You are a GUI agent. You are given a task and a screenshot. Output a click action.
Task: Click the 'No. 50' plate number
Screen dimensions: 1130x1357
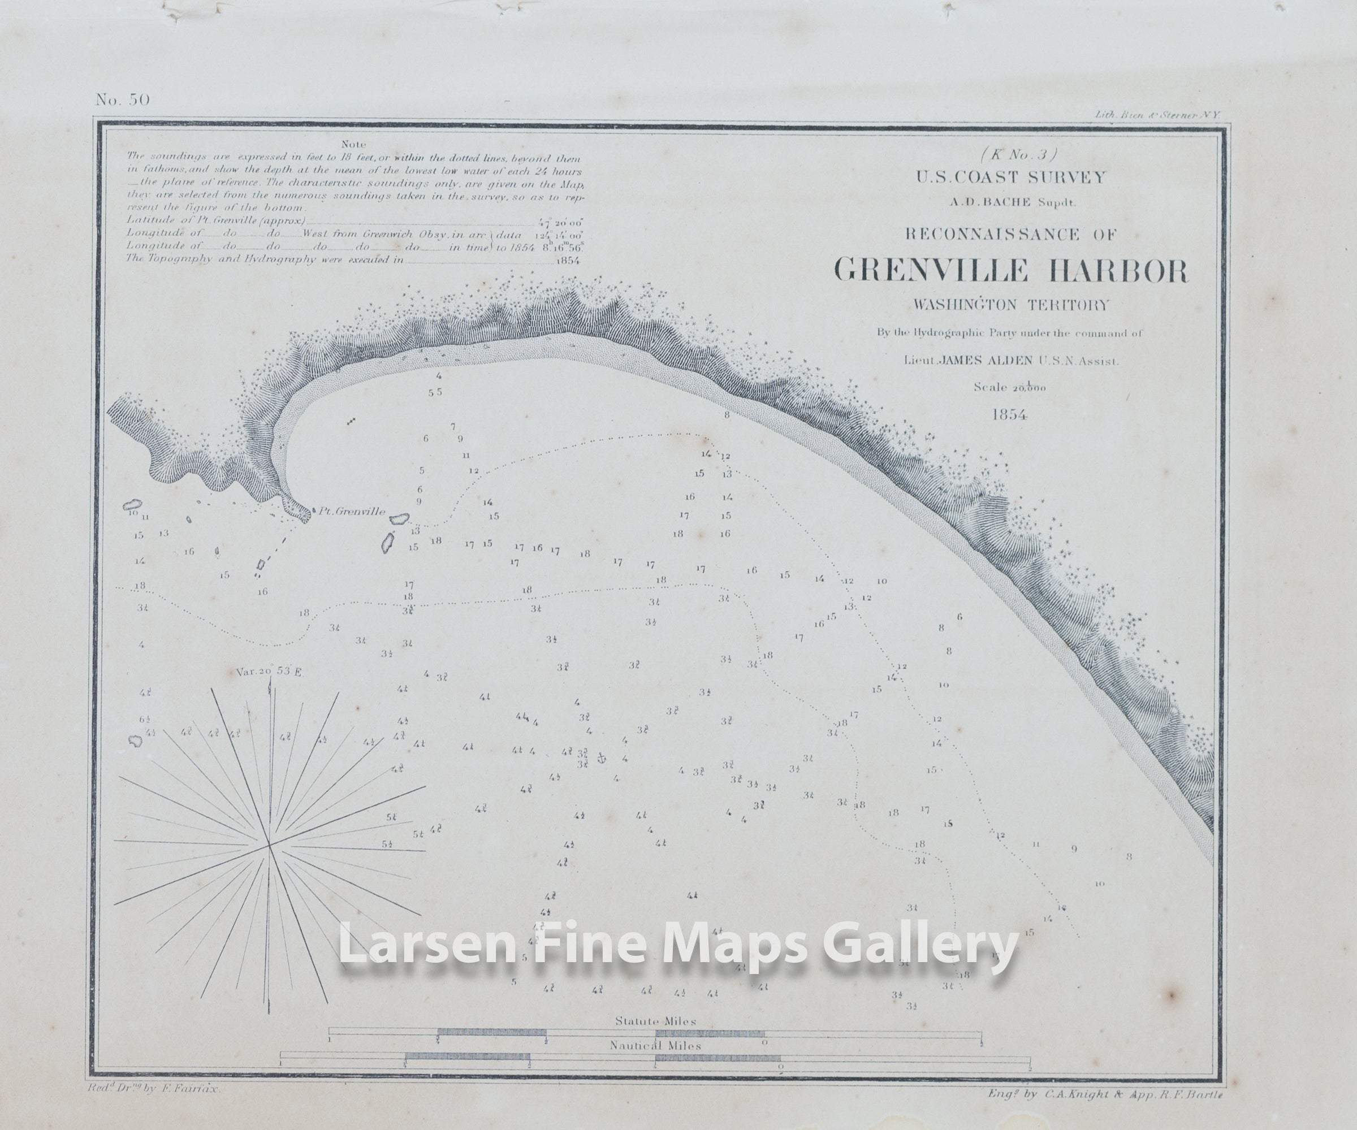tap(123, 99)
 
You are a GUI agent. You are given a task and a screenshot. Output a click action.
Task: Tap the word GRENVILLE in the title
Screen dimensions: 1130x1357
tap(931, 270)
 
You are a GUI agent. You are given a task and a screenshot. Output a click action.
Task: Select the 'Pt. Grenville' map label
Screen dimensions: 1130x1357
tap(352, 511)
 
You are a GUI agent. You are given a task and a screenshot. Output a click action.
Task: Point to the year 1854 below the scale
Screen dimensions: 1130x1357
tap(1009, 415)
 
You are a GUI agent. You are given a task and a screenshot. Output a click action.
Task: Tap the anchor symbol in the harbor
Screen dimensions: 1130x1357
tap(600, 757)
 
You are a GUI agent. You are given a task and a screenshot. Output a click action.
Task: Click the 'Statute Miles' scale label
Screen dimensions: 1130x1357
tap(655, 1021)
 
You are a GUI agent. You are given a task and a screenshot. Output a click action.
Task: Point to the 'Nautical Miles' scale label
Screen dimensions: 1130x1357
tap(655, 1045)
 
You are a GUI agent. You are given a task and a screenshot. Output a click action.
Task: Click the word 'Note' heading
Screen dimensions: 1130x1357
tap(353, 144)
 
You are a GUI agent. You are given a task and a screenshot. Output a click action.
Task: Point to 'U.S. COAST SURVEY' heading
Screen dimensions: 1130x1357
tap(1010, 177)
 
